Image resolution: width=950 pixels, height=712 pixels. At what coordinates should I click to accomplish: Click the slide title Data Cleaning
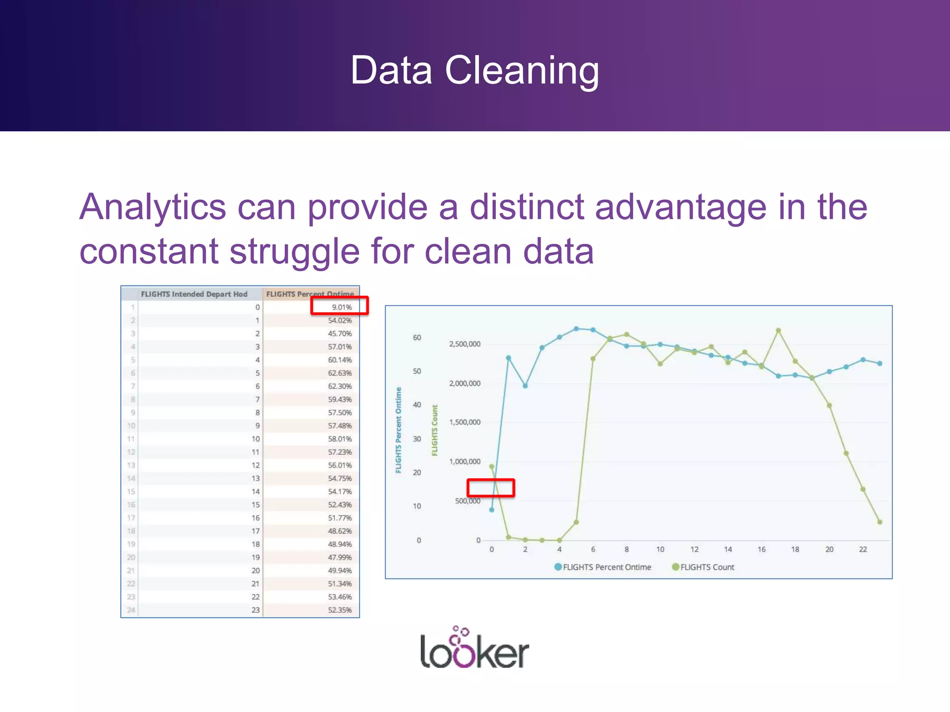(x=475, y=70)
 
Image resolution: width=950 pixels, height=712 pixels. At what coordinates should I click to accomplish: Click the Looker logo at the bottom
(x=474, y=649)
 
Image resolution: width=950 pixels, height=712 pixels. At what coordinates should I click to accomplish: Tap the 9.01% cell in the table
(x=341, y=307)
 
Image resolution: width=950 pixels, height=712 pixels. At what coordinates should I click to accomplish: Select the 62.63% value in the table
(x=340, y=373)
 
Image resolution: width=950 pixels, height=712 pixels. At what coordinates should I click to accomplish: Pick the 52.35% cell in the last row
(x=340, y=610)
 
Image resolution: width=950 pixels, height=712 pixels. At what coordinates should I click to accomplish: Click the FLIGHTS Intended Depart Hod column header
(x=194, y=294)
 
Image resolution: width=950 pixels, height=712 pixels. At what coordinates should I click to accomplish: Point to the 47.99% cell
(x=340, y=557)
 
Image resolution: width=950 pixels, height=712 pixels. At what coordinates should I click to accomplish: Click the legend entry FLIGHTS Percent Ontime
(x=603, y=567)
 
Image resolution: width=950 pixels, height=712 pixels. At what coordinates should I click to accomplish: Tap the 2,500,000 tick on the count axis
(x=464, y=344)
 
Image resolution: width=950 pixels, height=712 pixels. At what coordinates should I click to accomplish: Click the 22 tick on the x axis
(x=863, y=549)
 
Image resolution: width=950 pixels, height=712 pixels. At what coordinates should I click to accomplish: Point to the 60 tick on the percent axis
(x=417, y=337)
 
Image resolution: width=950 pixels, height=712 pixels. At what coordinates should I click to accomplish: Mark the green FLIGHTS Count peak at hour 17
(x=778, y=331)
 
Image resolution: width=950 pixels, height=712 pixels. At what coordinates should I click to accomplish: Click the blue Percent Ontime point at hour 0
(x=492, y=510)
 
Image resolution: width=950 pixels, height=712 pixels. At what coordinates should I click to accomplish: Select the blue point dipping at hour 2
(x=525, y=386)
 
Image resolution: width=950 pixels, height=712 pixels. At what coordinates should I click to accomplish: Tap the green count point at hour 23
(x=880, y=522)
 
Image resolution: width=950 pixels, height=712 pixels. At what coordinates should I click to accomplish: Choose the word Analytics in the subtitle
(x=153, y=207)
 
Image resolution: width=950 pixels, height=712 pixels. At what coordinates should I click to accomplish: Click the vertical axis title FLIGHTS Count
(x=435, y=430)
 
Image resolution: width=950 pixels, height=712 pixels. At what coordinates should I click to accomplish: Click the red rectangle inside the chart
(x=491, y=488)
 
